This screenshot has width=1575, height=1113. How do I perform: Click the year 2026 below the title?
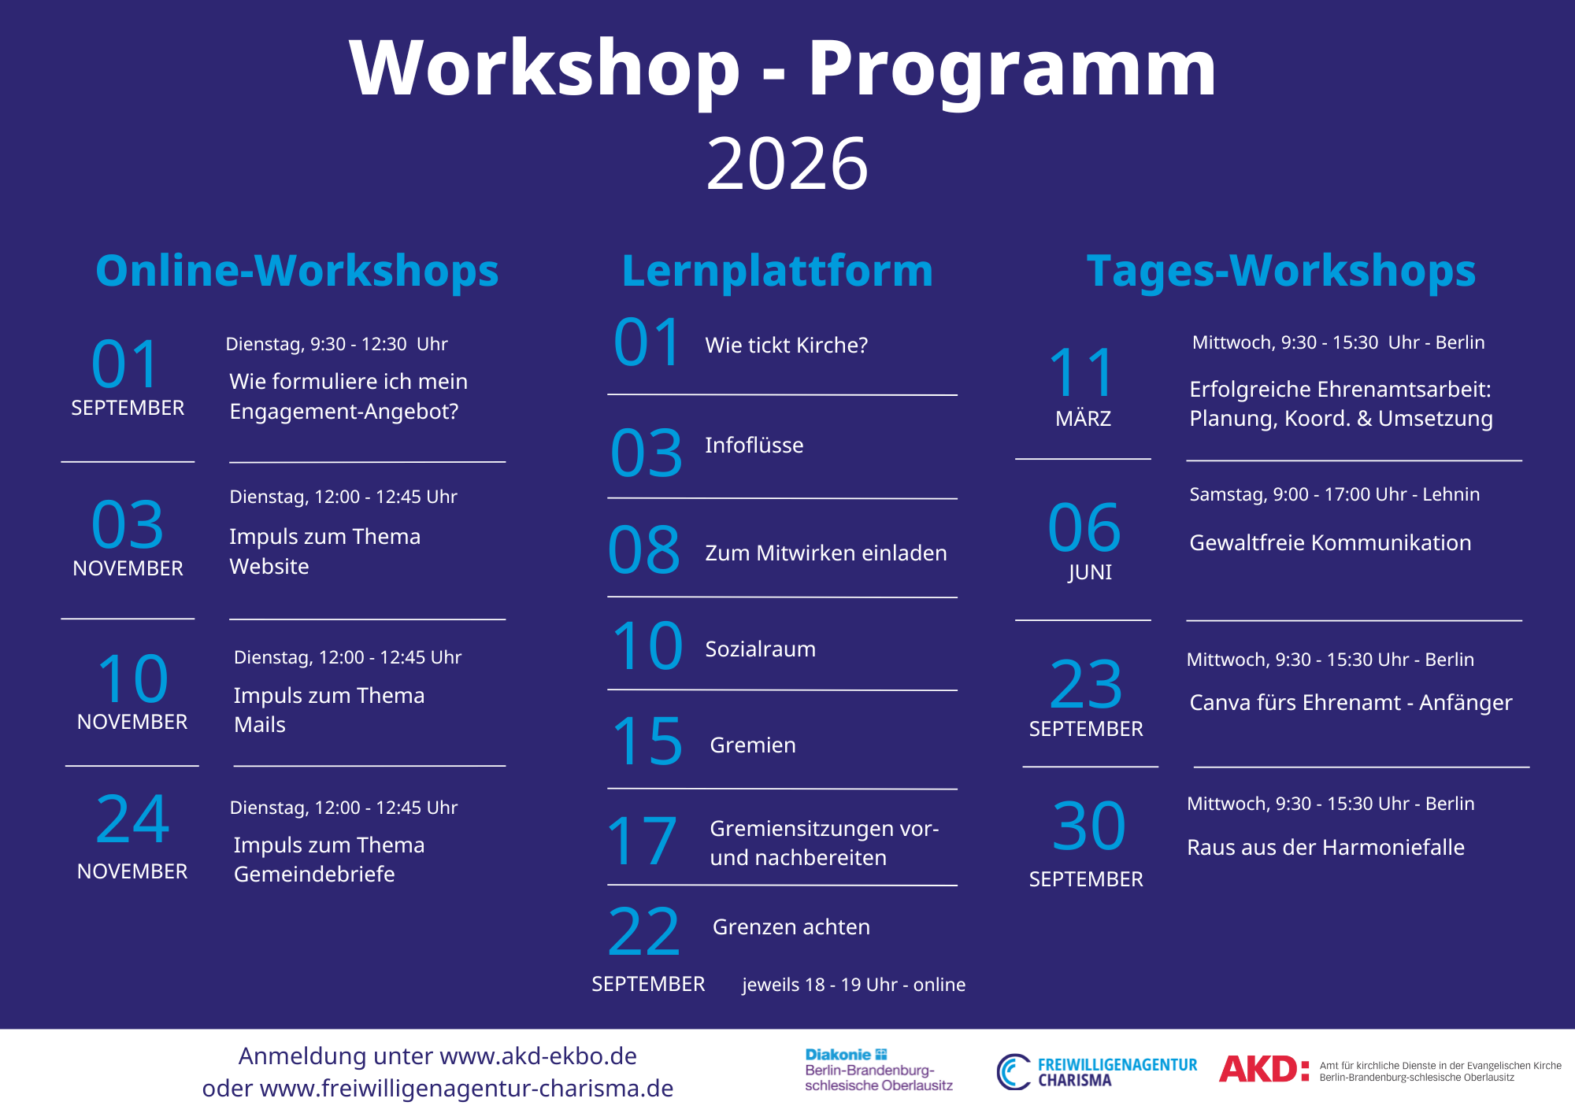pyautogui.click(x=787, y=164)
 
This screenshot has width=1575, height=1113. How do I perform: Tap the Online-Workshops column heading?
pyautogui.click(x=297, y=271)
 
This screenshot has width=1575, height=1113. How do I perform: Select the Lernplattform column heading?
pyautogui.click(x=777, y=271)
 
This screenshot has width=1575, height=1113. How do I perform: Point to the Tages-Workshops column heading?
pyautogui.click(x=1281, y=271)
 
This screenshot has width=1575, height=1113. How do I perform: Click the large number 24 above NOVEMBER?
pyautogui.click(x=132, y=819)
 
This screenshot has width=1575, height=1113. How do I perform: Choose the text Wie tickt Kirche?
pyautogui.click(x=787, y=345)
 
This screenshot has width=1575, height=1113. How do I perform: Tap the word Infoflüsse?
pyautogui.click(x=754, y=445)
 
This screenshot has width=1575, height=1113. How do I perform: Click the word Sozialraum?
pyautogui.click(x=761, y=649)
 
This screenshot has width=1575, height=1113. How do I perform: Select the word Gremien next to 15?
pyautogui.click(x=753, y=745)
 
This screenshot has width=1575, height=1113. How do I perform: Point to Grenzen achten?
pyautogui.click(x=791, y=926)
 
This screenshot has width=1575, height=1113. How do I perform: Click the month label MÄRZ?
pyautogui.click(x=1084, y=418)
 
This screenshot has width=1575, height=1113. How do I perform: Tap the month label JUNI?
pyautogui.click(x=1090, y=572)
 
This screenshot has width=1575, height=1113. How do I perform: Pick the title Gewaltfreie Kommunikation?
pyautogui.click(x=1330, y=542)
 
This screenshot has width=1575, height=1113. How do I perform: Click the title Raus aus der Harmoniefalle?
pyautogui.click(x=1326, y=847)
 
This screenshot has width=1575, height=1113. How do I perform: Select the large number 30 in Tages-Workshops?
pyautogui.click(x=1089, y=826)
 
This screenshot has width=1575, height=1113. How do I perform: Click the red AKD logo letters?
pyautogui.click(x=1265, y=1069)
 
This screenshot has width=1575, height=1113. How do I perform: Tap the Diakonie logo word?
pyautogui.click(x=838, y=1055)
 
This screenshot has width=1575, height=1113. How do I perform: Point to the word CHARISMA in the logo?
pyautogui.click(x=1075, y=1081)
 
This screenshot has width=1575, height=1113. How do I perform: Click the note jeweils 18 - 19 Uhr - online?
pyautogui.click(x=854, y=985)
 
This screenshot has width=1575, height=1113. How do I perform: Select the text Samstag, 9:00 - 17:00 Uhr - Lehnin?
pyautogui.click(x=1335, y=494)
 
